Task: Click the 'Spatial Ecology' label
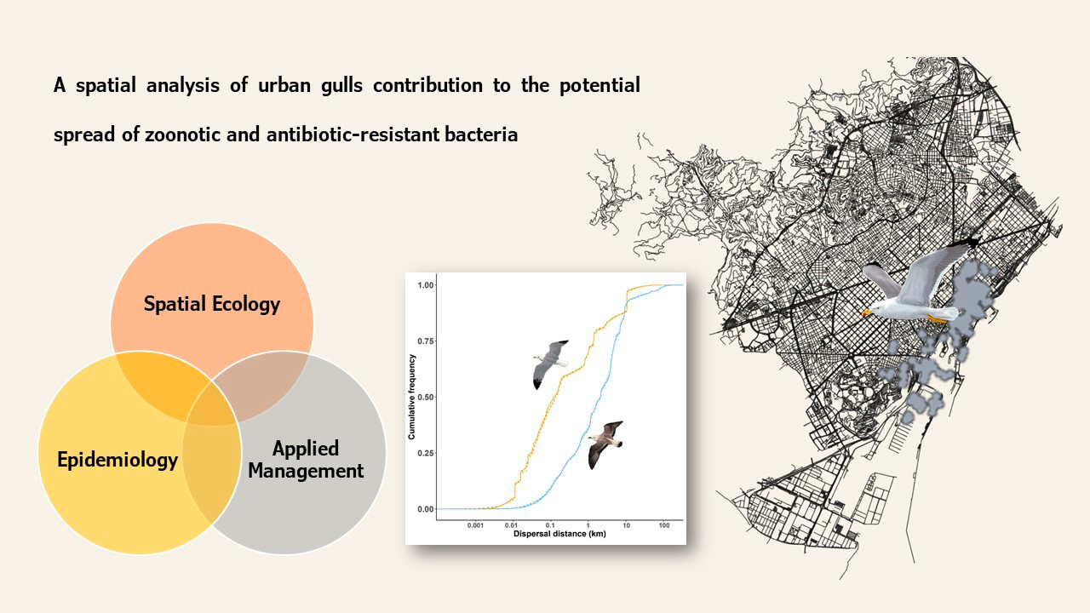[x=212, y=304]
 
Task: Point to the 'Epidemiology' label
[x=118, y=461]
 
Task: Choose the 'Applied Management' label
[x=306, y=460]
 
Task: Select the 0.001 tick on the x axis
[x=475, y=525]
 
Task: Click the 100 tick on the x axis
[x=664, y=525]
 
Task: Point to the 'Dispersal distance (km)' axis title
[x=559, y=534]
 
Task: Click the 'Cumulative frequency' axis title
[x=411, y=397]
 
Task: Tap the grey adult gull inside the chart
[x=551, y=364]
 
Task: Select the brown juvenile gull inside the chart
[x=605, y=444]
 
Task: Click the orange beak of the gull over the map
[x=866, y=313]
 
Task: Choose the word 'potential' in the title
[x=599, y=87]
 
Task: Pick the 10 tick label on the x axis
[x=626, y=525]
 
